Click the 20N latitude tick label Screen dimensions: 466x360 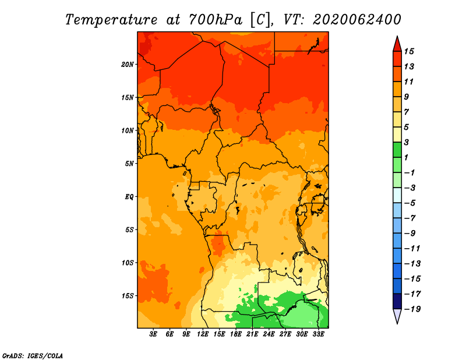click(127, 65)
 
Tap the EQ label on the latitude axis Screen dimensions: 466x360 click(129, 197)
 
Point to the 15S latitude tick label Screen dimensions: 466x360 click(127, 296)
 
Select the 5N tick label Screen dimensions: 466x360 click(129, 164)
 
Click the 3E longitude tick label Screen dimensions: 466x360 click(153, 334)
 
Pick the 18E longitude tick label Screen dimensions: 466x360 click(236, 334)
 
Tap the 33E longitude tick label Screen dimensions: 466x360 click(318, 334)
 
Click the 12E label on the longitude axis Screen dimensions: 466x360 click(203, 334)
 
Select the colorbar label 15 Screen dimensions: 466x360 click(409, 51)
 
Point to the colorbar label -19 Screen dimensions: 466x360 click(412, 309)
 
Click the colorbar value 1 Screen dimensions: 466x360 click(406, 157)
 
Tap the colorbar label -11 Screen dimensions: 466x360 click(412, 249)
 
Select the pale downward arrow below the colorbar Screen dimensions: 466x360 click(397, 315)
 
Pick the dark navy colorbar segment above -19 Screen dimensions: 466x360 click(397, 301)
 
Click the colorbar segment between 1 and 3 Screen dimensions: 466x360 click(397, 150)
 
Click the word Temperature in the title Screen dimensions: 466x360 click(111, 20)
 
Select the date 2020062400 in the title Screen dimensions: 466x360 click(357, 20)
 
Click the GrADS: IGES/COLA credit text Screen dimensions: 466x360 click(33, 356)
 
